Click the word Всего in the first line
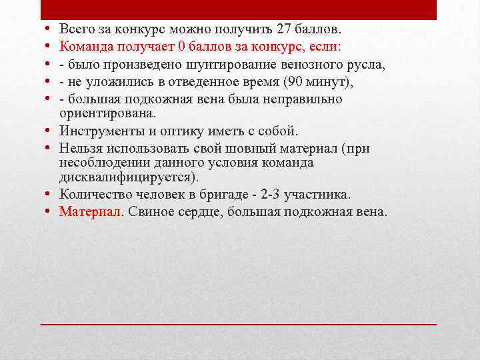coord(75,29)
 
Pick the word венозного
coord(312,65)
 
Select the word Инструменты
coord(101,130)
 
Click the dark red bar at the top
coord(239,9)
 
